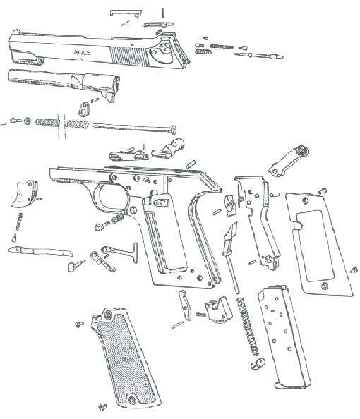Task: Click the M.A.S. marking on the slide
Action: [83, 52]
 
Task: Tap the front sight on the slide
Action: [17, 32]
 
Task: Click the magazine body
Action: [284, 336]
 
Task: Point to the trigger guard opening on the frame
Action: [112, 198]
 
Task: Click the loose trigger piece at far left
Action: [25, 193]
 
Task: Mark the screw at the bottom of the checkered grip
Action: [132, 400]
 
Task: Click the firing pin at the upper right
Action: [258, 56]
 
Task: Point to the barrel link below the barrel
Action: [84, 109]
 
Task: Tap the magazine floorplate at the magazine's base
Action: [294, 385]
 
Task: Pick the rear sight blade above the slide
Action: [126, 13]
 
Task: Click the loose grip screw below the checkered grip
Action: [102, 407]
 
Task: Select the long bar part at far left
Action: [40, 251]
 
